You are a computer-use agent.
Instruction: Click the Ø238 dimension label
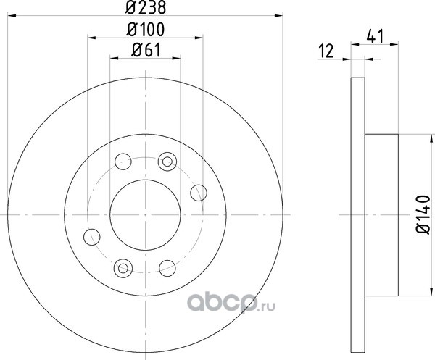coord(146,7)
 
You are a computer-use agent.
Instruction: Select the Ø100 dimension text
coord(146,30)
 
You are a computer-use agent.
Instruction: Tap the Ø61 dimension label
coord(146,51)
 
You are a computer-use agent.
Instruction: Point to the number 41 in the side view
coord(375,36)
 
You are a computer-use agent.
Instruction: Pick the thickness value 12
coord(326,51)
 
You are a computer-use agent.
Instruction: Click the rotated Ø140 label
coord(423,214)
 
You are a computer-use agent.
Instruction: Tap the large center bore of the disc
coord(146,215)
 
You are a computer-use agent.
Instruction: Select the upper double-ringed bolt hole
coord(167,162)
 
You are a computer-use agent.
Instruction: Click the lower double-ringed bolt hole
coord(123,268)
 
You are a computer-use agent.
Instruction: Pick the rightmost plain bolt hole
coord(199,193)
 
